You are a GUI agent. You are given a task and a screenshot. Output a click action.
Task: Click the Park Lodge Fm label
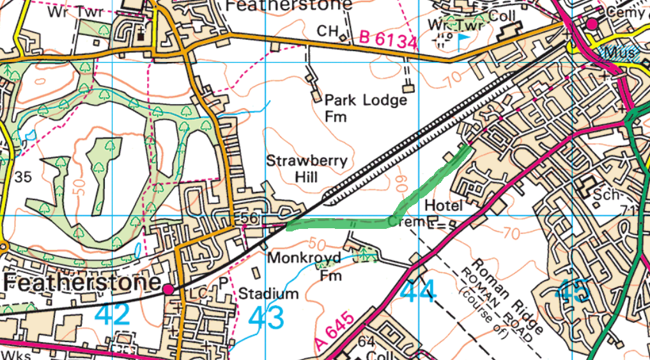point(365,108)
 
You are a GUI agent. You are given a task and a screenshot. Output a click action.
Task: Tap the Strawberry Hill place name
point(307,168)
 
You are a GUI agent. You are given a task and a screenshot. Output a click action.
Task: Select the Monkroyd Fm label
point(305,267)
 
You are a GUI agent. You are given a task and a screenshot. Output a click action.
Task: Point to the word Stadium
point(268,294)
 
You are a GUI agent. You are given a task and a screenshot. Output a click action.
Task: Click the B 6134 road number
point(387,40)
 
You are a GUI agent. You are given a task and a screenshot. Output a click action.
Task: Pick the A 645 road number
point(334,331)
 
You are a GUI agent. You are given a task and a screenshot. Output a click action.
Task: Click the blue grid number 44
point(419,292)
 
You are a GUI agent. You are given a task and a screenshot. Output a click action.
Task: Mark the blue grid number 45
point(573,292)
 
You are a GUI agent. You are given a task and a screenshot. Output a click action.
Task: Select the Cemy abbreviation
point(627,12)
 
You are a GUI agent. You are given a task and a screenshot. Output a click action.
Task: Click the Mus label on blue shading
point(619,52)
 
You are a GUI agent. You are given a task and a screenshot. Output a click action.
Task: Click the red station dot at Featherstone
point(169,290)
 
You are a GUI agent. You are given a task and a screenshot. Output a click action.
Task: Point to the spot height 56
point(250,219)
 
